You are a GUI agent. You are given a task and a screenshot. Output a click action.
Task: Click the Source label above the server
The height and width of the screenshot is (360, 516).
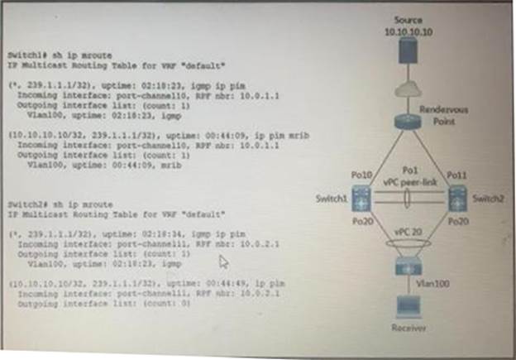click(408, 19)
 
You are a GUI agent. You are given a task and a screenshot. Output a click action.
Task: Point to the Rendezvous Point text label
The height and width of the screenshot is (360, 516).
click(441, 115)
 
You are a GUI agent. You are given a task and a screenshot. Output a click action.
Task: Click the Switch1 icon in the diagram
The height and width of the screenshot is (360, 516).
click(361, 199)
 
